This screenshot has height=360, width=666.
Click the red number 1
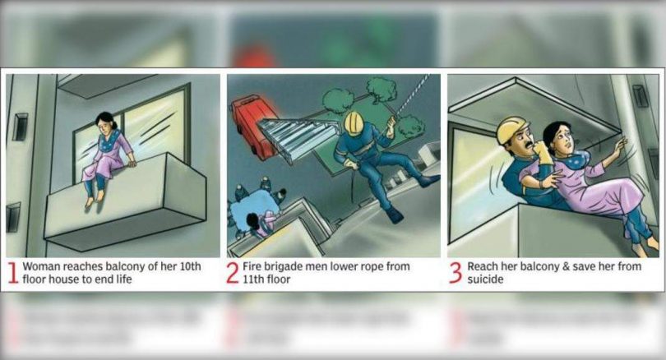[x=14, y=273]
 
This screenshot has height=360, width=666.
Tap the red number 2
[x=233, y=273]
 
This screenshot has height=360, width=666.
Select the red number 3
[x=455, y=273]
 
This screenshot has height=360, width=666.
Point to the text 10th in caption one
[x=190, y=266]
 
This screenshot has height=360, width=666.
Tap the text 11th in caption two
[x=253, y=279]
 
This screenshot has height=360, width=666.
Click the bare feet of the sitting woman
[x=94, y=198]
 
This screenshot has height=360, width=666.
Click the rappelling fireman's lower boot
[x=395, y=216]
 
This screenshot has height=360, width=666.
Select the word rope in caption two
[x=372, y=267]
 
